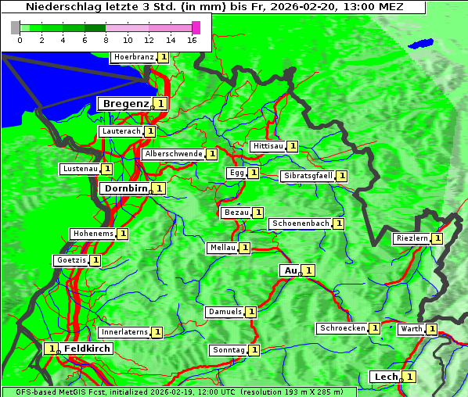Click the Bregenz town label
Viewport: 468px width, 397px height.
[x=124, y=103]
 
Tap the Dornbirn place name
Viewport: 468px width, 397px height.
[x=124, y=188]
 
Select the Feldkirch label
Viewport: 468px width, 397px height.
[x=87, y=348]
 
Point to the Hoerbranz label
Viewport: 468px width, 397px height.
[x=133, y=57]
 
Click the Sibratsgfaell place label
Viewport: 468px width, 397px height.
[x=308, y=176]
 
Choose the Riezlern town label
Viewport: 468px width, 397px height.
[x=412, y=238]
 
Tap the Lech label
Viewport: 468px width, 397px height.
[x=386, y=377]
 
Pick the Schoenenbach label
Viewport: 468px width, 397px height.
[x=301, y=224]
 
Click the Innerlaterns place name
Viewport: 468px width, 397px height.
[x=124, y=332]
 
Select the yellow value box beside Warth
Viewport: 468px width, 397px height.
[x=431, y=329]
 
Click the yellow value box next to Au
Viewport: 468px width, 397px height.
[x=308, y=270]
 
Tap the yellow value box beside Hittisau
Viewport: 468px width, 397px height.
[x=292, y=146]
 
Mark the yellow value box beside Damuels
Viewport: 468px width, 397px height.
[x=250, y=312]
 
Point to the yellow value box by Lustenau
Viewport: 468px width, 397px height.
[x=106, y=169]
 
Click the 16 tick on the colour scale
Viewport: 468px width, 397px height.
[x=193, y=40]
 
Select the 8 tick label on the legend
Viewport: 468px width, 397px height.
[x=106, y=40]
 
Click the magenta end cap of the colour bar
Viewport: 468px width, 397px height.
[x=196, y=27]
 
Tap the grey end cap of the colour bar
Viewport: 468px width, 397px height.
[x=16, y=27]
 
